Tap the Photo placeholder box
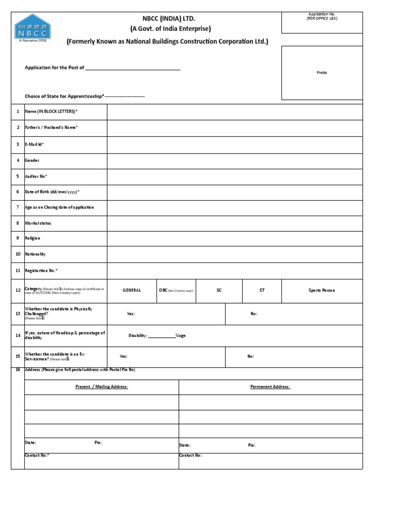[x=322, y=73]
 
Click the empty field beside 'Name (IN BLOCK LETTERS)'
[x=235, y=112]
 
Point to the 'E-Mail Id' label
[x=34, y=145]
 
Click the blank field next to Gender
[x=235, y=161]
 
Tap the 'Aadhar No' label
[x=36, y=176]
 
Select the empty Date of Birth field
[x=235, y=192]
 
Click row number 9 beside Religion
[x=17, y=238]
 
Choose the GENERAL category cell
[x=132, y=290]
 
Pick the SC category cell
[x=219, y=290]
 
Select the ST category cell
[x=262, y=290]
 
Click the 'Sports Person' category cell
[x=321, y=290]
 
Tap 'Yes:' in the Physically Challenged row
[x=131, y=313]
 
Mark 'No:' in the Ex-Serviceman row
[x=251, y=356]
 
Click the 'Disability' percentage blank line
[x=161, y=336]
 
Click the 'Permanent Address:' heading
[x=270, y=387]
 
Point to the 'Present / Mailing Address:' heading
[x=102, y=387]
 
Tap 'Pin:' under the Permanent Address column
[x=252, y=445]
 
